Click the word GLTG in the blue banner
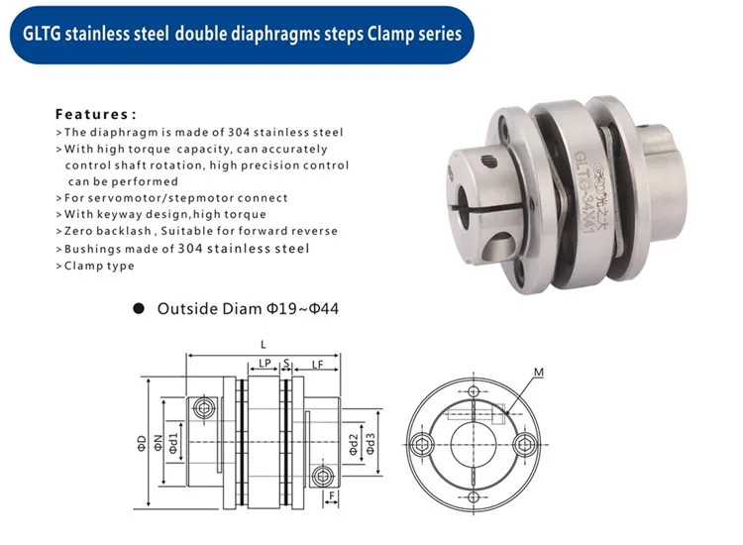click(x=42, y=34)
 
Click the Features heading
click(x=96, y=114)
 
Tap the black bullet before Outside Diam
click(x=139, y=309)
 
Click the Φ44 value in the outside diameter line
click(x=324, y=309)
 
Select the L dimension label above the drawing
click(x=264, y=345)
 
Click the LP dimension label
click(x=265, y=364)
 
